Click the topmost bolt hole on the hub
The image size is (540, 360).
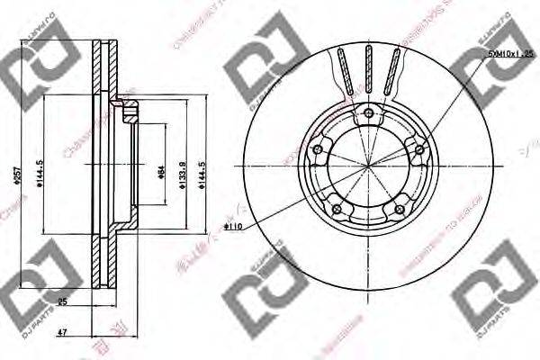(x=369, y=112)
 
